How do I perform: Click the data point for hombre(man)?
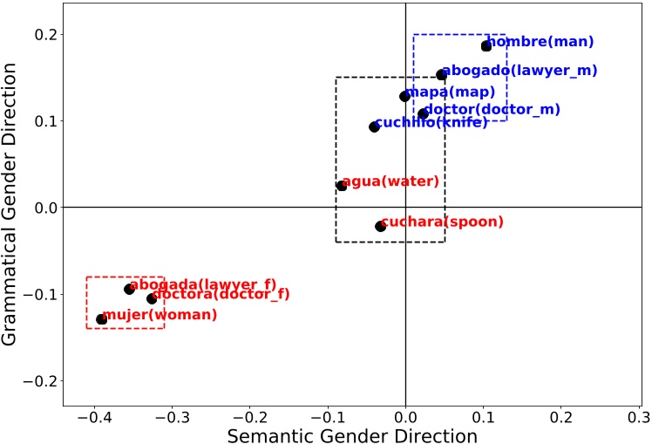click(x=486, y=46)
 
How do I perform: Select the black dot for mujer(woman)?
click(x=101, y=319)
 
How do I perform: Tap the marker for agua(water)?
click(x=342, y=186)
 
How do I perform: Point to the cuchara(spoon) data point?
click(x=380, y=226)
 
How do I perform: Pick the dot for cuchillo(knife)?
click(x=374, y=126)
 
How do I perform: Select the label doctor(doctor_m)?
click(x=492, y=109)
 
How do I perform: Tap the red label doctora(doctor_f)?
click(x=221, y=294)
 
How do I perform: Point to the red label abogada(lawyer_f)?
click(x=202, y=284)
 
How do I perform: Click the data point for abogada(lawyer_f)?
click(x=129, y=289)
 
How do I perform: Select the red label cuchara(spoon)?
click(x=443, y=222)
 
